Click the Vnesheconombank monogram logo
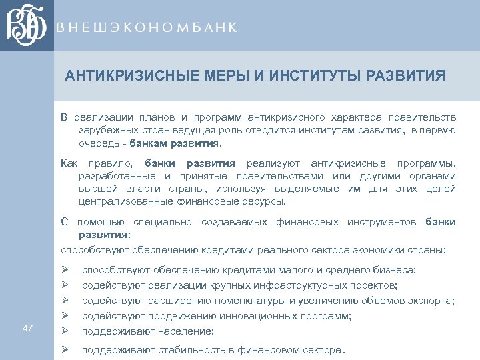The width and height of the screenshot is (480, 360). point(27,25)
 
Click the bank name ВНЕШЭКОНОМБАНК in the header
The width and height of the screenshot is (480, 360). point(147,27)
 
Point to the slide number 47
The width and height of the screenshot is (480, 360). point(27,327)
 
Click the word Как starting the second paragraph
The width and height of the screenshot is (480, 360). point(69,163)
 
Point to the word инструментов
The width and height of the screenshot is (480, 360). point(381,222)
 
